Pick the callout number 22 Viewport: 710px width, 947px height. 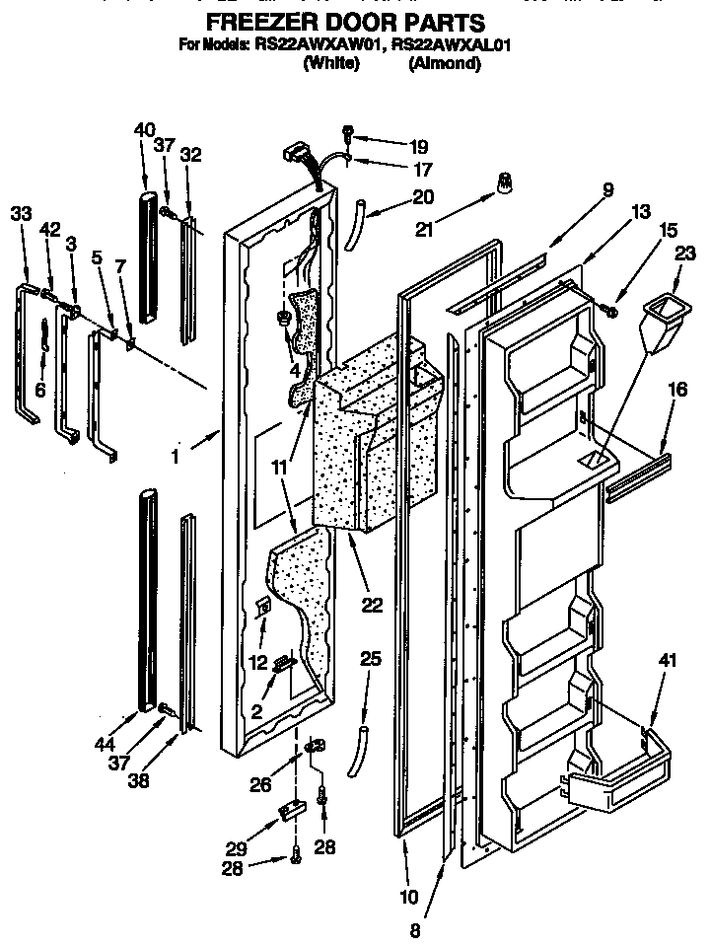371,606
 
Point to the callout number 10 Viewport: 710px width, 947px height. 407,897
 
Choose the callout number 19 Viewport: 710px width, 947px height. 392,146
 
